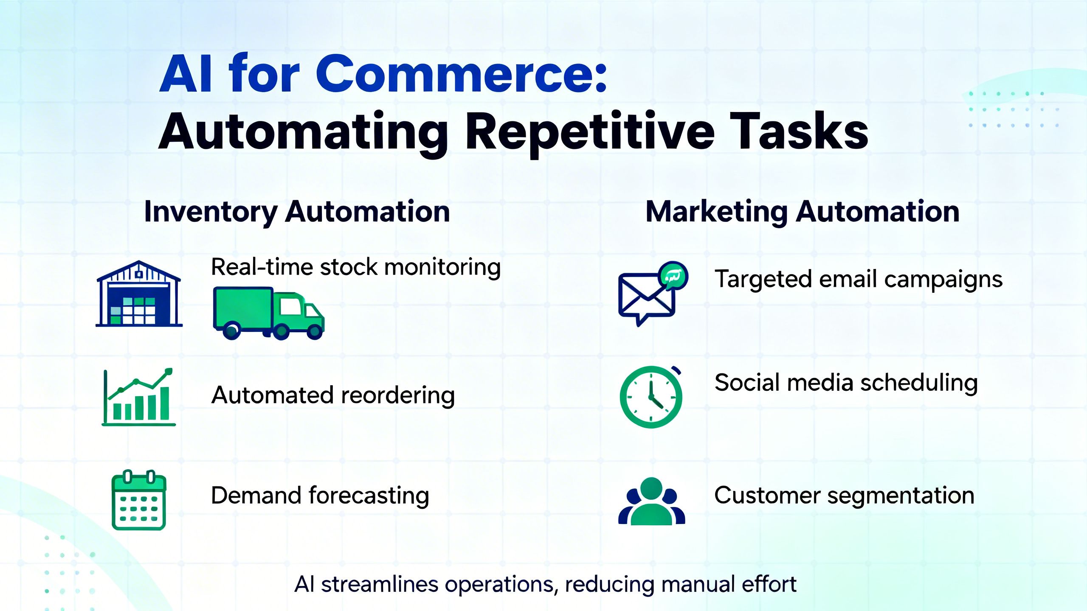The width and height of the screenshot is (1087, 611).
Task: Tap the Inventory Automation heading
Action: (x=297, y=212)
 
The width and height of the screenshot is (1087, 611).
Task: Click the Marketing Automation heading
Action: (x=802, y=212)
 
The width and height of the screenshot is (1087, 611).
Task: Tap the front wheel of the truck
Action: (x=315, y=331)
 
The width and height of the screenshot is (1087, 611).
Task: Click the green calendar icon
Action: (x=139, y=501)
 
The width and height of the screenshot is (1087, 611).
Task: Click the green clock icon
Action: (x=651, y=397)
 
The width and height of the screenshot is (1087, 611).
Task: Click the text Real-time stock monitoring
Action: (x=356, y=267)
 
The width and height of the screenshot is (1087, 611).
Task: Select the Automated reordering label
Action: (x=333, y=395)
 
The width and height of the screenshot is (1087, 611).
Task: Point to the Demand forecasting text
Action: (x=320, y=496)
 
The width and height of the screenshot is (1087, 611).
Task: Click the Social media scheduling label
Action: (x=846, y=383)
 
